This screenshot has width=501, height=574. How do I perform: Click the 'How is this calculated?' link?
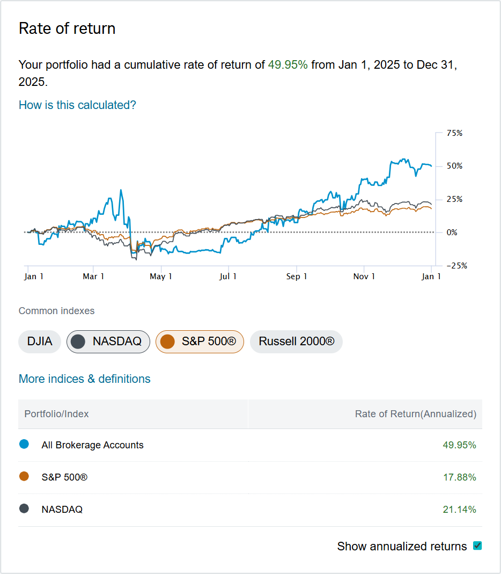tap(77, 105)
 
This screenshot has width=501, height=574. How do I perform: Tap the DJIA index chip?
tap(40, 342)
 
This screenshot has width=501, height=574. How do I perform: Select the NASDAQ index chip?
tap(108, 342)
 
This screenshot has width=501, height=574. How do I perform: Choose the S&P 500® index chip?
tap(200, 342)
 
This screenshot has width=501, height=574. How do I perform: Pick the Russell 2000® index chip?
tap(296, 342)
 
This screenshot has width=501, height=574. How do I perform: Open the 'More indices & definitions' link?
tap(84, 379)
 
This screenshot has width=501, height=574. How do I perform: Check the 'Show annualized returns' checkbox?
tap(477, 546)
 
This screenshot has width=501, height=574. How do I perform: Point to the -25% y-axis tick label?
tap(453, 265)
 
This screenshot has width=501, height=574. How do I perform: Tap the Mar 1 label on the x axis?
tap(93, 277)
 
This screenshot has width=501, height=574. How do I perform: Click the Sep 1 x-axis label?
tap(297, 277)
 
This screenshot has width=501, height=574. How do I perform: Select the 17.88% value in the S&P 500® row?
tap(459, 477)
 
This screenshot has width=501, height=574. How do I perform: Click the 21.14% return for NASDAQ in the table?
tap(459, 510)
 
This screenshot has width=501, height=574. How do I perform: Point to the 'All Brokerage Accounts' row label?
tap(92, 445)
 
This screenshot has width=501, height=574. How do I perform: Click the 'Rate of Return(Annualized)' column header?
tap(415, 414)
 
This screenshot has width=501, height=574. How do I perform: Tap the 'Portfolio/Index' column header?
tap(56, 414)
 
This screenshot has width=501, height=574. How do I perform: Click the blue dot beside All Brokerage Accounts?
tap(24, 445)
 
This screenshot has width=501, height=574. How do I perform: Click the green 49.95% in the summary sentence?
tap(288, 65)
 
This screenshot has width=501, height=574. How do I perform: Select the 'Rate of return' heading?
tap(67, 28)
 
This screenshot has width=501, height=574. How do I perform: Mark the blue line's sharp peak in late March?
tap(121, 190)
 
